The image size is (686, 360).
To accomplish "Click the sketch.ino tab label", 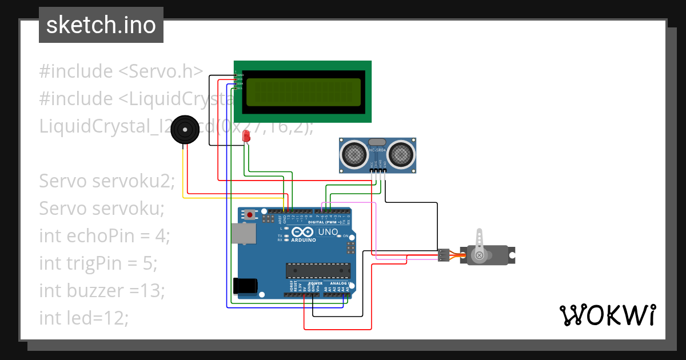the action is tap(101, 25).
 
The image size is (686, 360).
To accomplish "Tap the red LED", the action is tap(246, 136).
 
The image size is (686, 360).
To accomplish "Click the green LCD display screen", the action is tap(304, 92).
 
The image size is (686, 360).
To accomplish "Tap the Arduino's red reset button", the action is tap(250, 215).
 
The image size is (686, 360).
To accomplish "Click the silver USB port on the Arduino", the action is tap(244, 233).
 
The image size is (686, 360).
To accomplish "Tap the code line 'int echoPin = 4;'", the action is tap(105, 235).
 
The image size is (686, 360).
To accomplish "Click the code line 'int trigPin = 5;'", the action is tap(98, 263).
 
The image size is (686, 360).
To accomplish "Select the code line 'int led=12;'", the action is tap(83, 318).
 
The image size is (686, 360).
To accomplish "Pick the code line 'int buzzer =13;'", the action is tap(102, 290).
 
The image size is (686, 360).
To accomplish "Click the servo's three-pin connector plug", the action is tap(444, 255).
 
